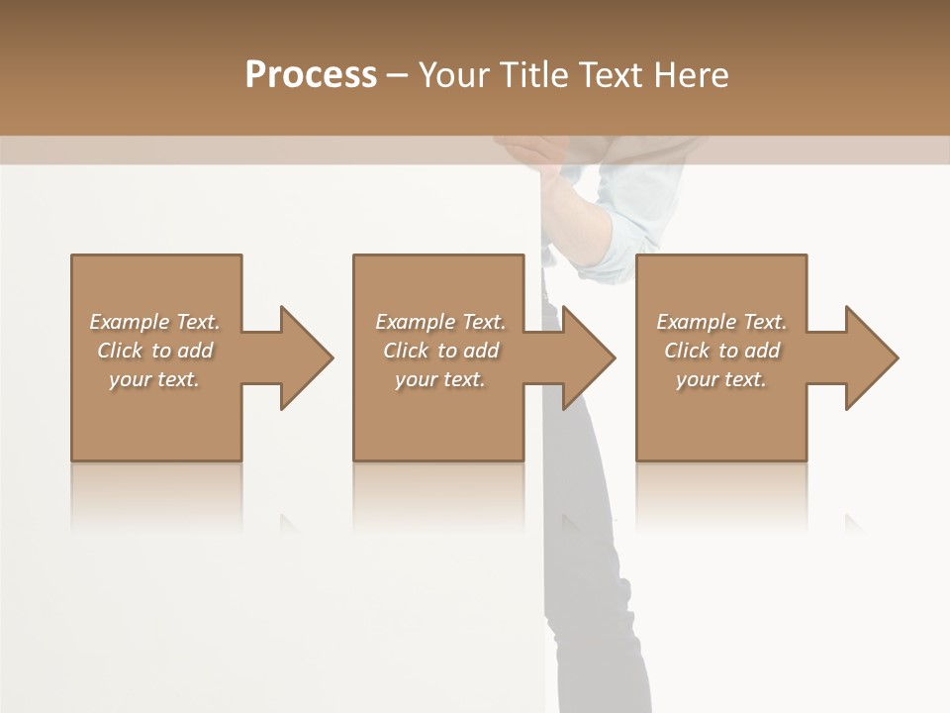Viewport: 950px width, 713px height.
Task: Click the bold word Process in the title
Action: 311,74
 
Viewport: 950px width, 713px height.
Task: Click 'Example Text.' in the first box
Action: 154,322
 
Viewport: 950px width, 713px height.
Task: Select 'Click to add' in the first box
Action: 154,351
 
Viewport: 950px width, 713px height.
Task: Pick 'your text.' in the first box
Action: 154,379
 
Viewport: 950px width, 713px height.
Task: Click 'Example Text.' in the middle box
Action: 440,322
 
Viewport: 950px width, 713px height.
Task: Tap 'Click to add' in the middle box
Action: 440,351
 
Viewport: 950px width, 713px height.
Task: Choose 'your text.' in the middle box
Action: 440,379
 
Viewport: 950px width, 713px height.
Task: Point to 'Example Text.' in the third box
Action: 721,322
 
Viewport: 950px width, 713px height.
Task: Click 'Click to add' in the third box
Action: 721,351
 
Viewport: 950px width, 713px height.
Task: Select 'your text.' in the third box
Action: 721,379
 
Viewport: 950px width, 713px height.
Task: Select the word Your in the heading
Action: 452,74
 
